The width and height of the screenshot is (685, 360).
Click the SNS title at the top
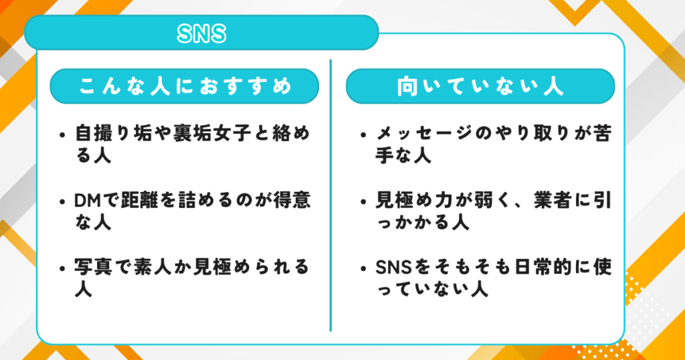click(201, 34)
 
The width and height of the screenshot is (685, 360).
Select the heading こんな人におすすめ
click(185, 88)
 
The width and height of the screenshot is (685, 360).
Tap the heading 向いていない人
click(480, 88)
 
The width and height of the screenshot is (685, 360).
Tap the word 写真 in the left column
click(91, 268)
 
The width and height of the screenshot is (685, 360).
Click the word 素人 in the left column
click(158, 268)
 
